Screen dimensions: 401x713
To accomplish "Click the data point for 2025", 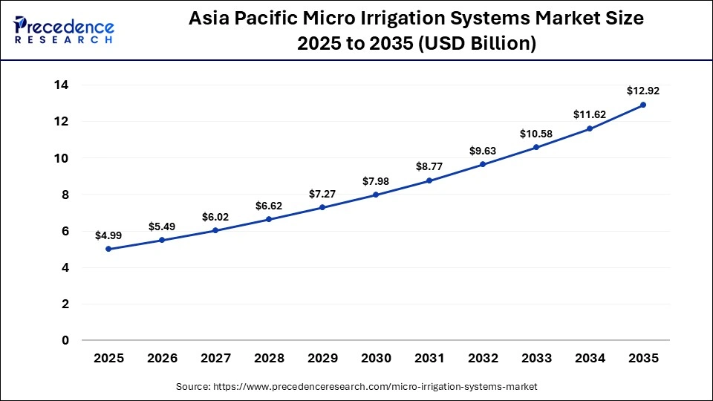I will coord(108,249).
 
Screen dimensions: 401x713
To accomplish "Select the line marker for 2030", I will coord(376,195).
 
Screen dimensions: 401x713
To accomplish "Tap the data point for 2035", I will coord(643,105).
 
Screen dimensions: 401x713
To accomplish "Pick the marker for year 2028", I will coord(269,219).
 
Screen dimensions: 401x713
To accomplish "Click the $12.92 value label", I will coord(643,91).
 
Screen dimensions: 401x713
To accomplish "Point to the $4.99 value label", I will coord(108,235).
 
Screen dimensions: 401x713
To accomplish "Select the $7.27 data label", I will coord(322,194).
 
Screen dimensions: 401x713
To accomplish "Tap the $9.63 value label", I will coord(483,151).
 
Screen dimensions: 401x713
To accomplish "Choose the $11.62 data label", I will coord(590,114).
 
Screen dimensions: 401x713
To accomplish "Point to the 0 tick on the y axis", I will coord(65,340).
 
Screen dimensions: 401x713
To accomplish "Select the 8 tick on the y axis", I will coord(65,195).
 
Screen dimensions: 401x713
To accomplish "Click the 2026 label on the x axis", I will coord(162,358).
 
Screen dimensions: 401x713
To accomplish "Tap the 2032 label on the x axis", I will coord(483,358).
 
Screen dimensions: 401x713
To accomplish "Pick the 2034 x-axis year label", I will coord(590,358).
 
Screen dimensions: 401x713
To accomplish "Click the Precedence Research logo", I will coord(64,30).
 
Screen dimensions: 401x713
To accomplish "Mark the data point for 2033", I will coord(536,147).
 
